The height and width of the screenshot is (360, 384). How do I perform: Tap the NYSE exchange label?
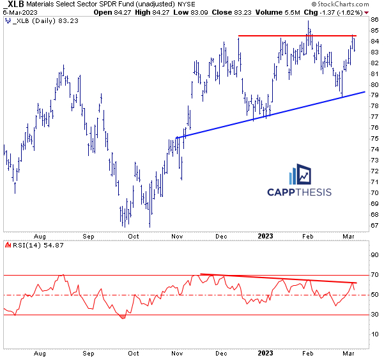(194, 4)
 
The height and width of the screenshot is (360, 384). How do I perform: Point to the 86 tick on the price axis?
(373, 19)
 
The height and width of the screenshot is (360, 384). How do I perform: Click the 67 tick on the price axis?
(373, 225)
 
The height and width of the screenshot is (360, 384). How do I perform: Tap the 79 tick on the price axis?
(373, 95)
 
